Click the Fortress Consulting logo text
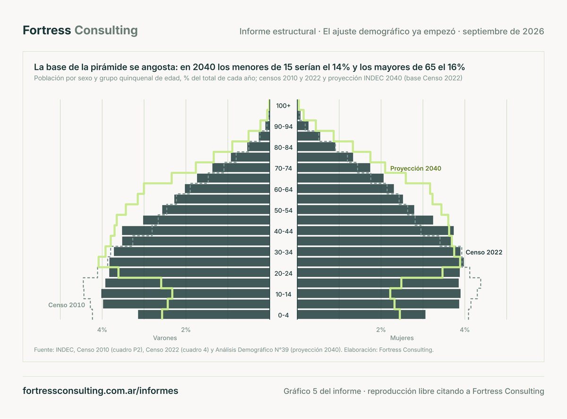pos(80,30)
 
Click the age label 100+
pos(283,105)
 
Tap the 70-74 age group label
pos(283,168)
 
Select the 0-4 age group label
pos(283,315)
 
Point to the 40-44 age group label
pos(283,231)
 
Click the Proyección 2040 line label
pos(415,168)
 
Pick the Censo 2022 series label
pos(484,252)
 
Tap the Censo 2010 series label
pos(67,305)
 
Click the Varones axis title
pos(165,338)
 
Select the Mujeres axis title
pos(402,338)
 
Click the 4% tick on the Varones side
pos(102,330)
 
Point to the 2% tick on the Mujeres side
pos(381,330)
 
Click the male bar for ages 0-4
pos(204,315)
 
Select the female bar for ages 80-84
pos(316,147)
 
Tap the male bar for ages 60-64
pos(227,189)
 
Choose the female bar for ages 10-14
pos(379,293)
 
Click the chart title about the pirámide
pos(249,67)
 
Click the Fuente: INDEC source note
pos(233,350)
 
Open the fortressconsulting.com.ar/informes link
pos(100,391)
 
